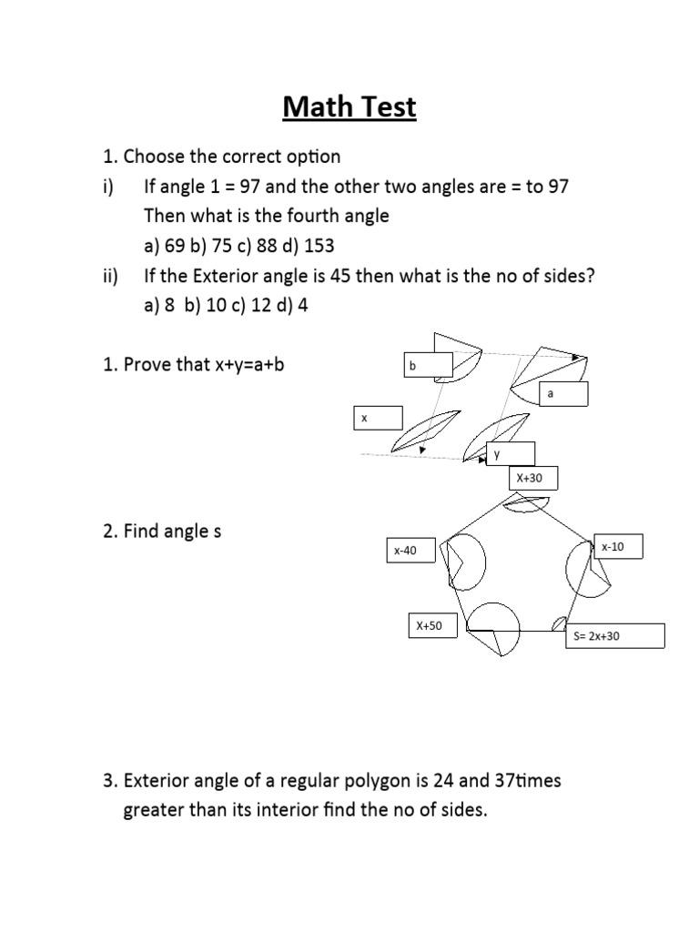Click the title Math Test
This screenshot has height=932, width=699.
[x=349, y=107]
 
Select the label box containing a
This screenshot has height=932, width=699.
[x=563, y=394]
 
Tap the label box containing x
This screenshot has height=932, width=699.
[x=378, y=418]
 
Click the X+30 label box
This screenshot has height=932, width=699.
[x=532, y=479]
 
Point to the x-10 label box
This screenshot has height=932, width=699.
[x=619, y=546]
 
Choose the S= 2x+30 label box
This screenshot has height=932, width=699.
[x=614, y=635]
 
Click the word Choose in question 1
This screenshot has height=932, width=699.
[x=153, y=157]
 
